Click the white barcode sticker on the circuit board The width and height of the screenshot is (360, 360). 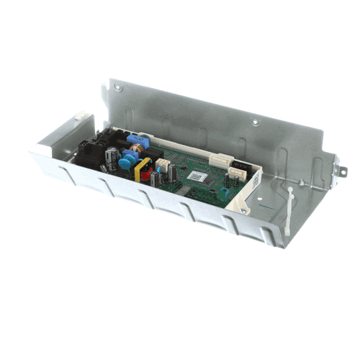click(197, 176)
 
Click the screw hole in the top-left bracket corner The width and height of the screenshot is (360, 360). click(118, 88)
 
